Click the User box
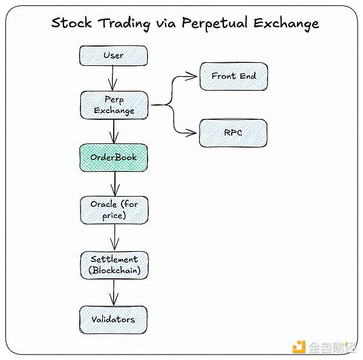click(113, 56)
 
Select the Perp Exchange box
click(113, 105)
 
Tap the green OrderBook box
click(113, 157)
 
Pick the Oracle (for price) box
click(113, 209)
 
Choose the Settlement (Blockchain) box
click(113, 264)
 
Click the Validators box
click(113, 319)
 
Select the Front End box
click(233, 76)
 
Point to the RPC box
click(233, 133)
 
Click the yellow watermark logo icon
click(299, 347)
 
